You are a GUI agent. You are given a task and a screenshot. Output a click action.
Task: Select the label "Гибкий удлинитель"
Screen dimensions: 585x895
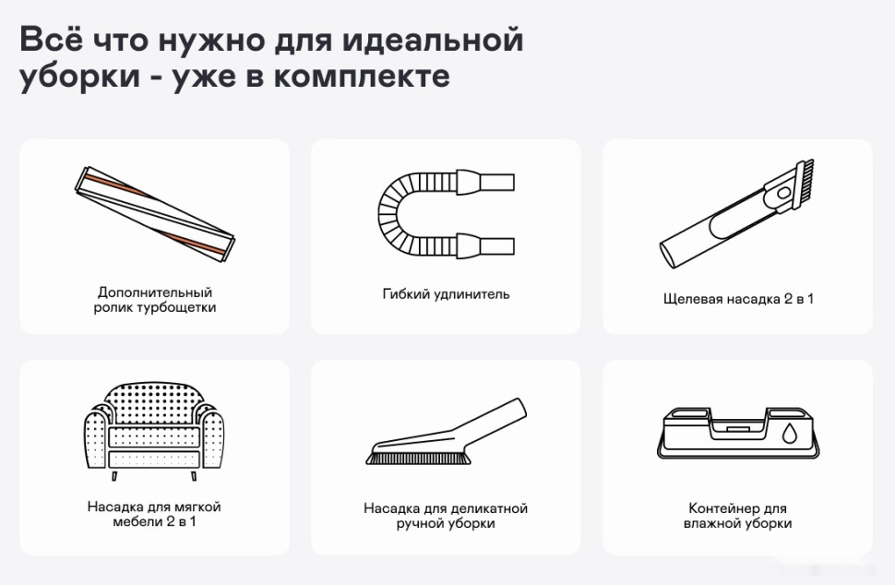[x=446, y=294]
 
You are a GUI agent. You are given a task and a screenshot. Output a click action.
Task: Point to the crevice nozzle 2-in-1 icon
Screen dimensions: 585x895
[x=737, y=212]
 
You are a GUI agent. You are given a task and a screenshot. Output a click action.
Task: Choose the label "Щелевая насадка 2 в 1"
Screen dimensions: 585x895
[x=738, y=299]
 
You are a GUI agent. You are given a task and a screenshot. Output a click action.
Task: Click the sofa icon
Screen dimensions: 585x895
[x=154, y=427]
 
